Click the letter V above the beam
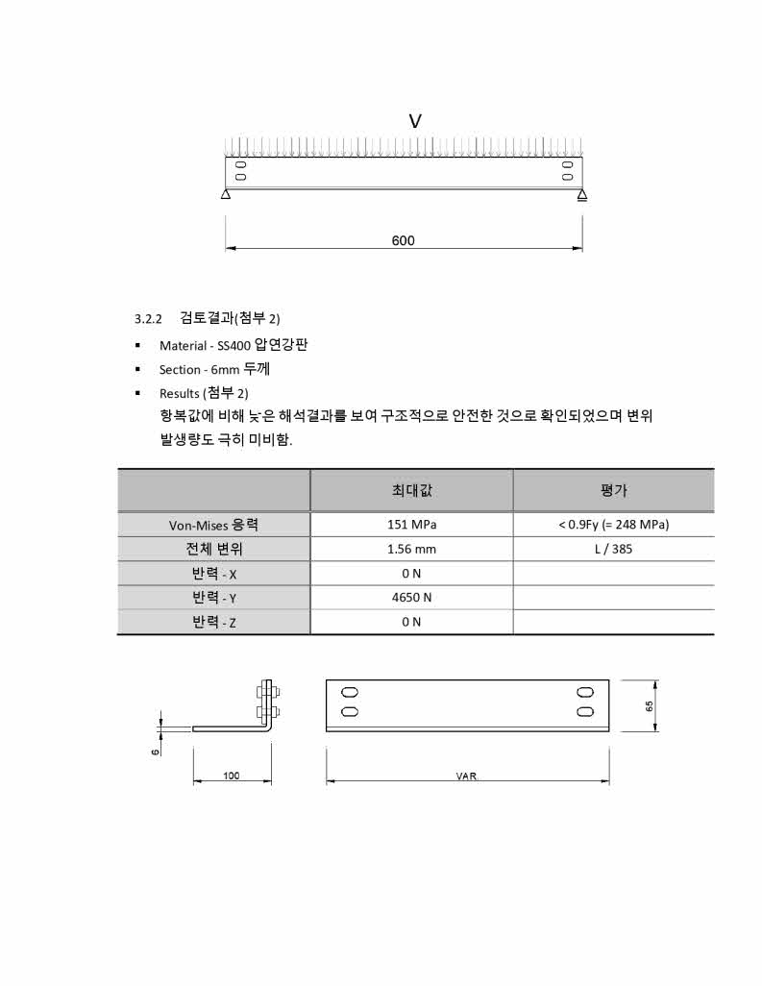[x=415, y=121]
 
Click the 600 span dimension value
[x=404, y=240]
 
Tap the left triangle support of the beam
[x=225, y=195]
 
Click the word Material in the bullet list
[x=183, y=346]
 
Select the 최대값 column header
[x=411, y=490]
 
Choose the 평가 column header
[x=613, y=490]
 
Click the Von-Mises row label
[x=213, y=525]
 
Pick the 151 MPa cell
[x=411, y=525]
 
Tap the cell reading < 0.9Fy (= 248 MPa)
[x=613, y=525]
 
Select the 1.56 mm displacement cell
[x=411, y=550]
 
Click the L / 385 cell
[x=613, y=550]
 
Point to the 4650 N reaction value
[x=411, y=598]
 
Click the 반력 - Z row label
[x=213, y=622]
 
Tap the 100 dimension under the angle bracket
[x=232, y=776]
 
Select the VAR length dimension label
[x=467, y=776]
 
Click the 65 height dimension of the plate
[x=650, y=706]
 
